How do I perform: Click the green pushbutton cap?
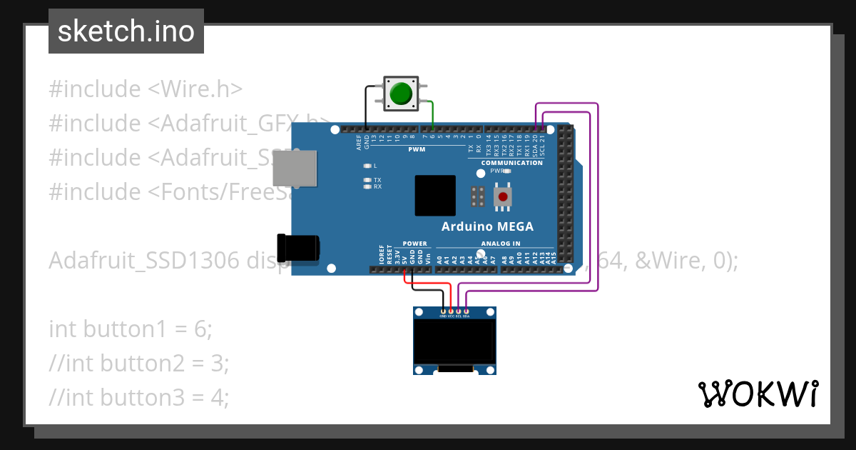[x=401, y=94]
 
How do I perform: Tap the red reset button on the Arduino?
[x=504, y=196]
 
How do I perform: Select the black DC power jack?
[x=299, y=247]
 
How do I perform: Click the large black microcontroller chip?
[x=435, y=195]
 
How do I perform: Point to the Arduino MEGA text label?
[x=487, y=226]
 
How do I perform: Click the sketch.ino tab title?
[x=126, y=31]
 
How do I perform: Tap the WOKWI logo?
[x=758, y=394]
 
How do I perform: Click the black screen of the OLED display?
[x=454, y=341]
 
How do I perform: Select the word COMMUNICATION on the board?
[x=511, y=163]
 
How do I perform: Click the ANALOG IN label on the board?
[x=500, y=244]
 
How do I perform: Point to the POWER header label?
[x=414, y=244]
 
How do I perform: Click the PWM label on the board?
[x=417, y=149]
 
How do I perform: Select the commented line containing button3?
[x=139, y=397]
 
